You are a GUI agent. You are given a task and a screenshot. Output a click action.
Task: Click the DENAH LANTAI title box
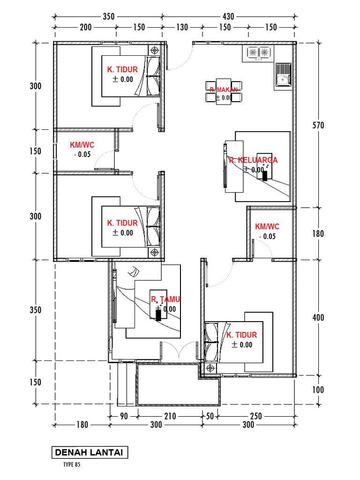coord(89,453)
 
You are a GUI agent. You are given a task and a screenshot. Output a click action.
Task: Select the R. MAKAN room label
coord(224,90)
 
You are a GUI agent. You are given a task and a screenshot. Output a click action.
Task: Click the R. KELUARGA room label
coord(253,160)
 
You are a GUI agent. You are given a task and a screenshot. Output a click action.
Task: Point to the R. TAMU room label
coord(165,299)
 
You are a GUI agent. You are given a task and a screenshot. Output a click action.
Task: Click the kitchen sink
coord(283,75)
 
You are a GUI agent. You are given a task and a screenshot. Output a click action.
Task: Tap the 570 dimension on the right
coord(318,125)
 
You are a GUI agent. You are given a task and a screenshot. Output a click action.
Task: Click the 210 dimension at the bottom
coord(169,416)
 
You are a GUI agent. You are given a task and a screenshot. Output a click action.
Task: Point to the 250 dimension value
coord(256,416)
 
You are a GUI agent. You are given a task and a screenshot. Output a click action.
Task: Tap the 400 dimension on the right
coord(318,318)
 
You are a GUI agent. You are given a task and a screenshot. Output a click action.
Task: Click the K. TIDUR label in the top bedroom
coord(122,69)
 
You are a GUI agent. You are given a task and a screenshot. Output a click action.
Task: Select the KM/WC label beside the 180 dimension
coord(267,227)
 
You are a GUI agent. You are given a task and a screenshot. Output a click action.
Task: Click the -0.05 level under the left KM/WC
coord(82,155)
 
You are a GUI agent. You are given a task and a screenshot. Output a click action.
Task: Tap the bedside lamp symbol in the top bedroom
coord(155,50)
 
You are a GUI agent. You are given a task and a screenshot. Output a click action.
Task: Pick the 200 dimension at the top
coord(86,27)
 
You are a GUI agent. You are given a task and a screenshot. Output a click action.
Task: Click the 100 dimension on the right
coord(318,390)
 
